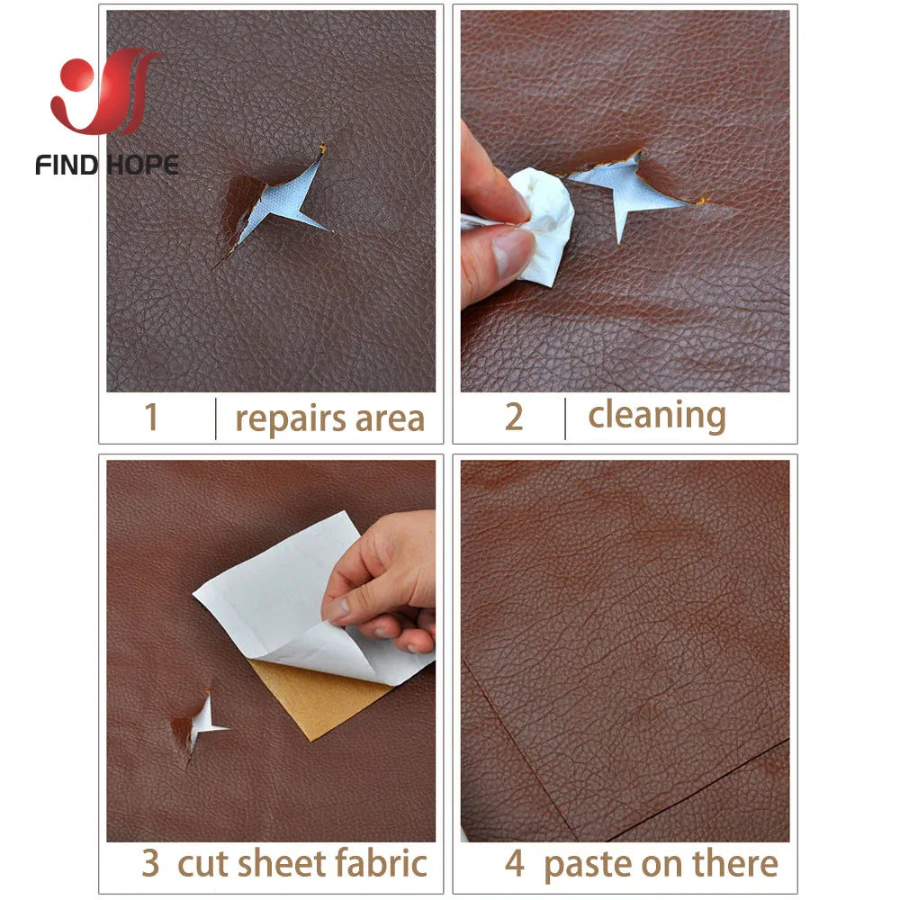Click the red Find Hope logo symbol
[105, 92]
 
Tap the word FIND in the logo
[67, 165]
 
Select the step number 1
[151, 418]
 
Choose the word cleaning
[657, 416]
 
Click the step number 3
[150, 863]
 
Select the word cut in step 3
[197, 863]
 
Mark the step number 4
[514, 863]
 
